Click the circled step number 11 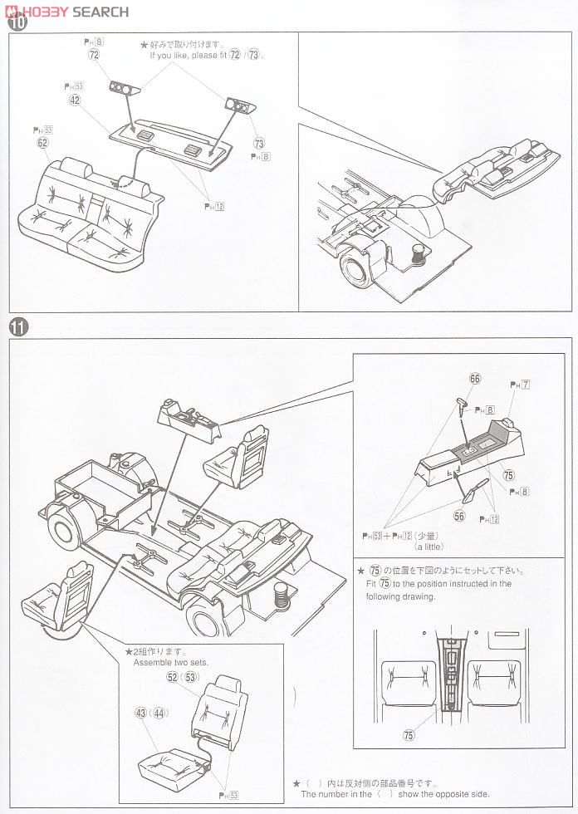(x=18, y=326)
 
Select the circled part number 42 (x=75, y=100)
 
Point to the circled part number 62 (x=42, y=143)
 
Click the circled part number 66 (x=475, y=378)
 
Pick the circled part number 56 (x=459, y=516)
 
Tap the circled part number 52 (x=172, y=677)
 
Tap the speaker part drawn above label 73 (x=238, y=105)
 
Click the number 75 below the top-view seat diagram (x=409, y=734)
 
